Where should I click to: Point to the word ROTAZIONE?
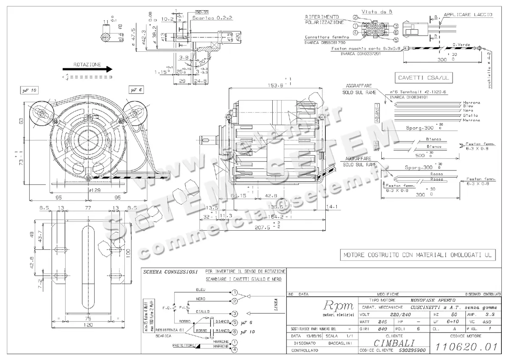pyautogui.click(x=87, y=64)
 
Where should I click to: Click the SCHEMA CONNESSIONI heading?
pyautogui.click(x=170, y=271)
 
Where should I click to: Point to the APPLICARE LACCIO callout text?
pyautogui.click(x=468, y=14)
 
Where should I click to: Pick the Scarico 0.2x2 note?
pyautogui.click(x=212, y=18)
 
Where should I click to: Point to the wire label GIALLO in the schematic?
pyautogui.click(x=203, y=311)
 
